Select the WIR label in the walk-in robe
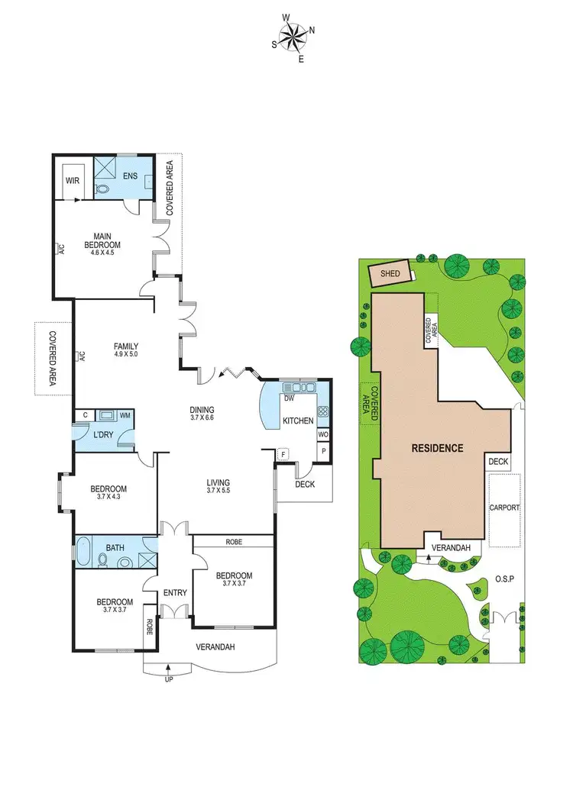pos(73,181)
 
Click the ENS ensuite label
pos(131,176)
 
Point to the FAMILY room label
pos(126,346)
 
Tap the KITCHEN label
pos(299,421)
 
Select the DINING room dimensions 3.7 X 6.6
pos(202,418)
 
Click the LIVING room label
pos(218,482)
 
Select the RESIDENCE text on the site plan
pos(438,448)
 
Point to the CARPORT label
pos(504,508)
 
